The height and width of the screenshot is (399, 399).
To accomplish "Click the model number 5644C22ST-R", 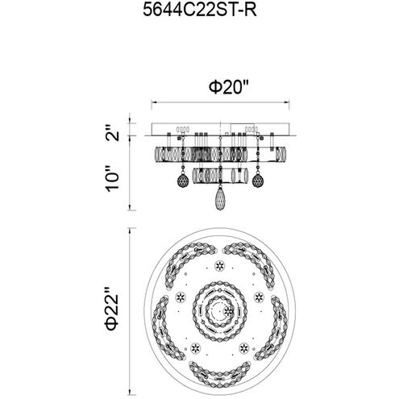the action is click(x=200, y=10).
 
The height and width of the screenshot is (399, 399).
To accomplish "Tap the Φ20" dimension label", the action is click(x=229, y=87).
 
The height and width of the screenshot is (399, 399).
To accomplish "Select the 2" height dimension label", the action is click(x=112, y=132).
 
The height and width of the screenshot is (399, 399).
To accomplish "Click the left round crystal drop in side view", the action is click(x=183, y=180).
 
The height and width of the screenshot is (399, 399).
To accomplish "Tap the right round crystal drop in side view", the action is click(x=258, y=180).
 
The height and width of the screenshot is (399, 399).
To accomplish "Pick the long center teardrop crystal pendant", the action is click(x=220, y=198).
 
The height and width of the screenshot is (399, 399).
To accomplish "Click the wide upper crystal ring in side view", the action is click(x=220, y=154).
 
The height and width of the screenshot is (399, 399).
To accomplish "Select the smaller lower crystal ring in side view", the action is click(x=220, y=176).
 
